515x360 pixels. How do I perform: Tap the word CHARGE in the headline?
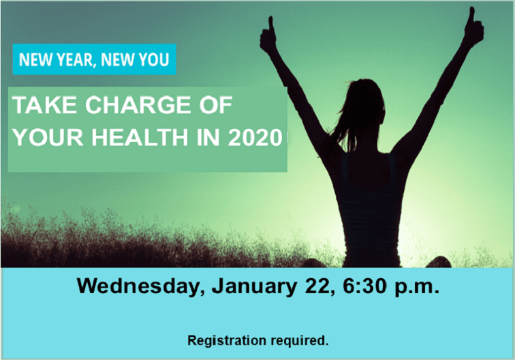(x=134, y=106)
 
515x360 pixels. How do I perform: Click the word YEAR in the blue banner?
(x=74, y=59)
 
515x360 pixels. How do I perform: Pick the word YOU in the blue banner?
(x=153, y=59)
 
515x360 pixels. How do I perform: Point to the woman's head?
(x=369, y=99)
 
